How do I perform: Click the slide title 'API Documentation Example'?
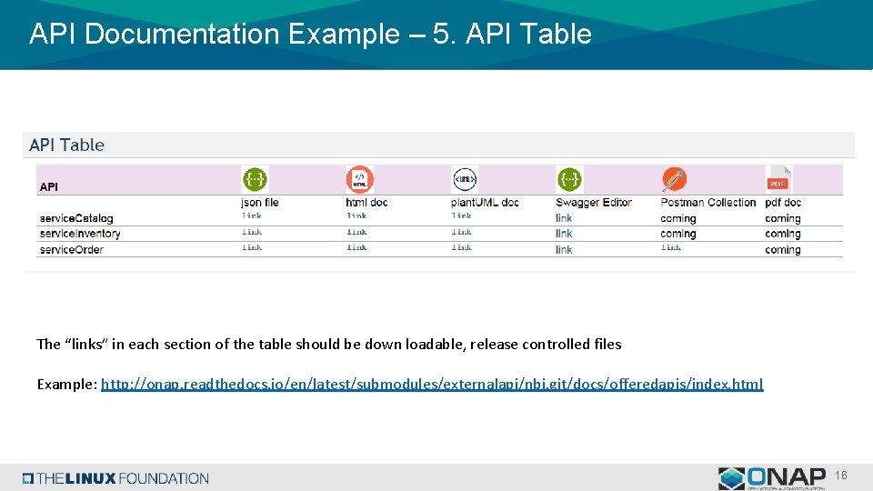310,35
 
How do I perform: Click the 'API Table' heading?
67,145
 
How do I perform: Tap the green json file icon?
255,178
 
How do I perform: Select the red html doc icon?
359,178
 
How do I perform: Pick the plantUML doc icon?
464,178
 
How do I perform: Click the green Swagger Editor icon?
569,178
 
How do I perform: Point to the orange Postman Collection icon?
674,178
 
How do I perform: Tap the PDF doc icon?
778,178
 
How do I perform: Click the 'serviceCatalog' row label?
76,218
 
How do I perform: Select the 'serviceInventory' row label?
80,234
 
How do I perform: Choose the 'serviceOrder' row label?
72,249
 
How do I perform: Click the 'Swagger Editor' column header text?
593,202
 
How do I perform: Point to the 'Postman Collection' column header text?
708,202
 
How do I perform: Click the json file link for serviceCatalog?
251,216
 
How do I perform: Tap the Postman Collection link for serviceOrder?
670,247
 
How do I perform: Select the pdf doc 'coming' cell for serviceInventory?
782,234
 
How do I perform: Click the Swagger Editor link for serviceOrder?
564,249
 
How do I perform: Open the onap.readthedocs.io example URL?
432,384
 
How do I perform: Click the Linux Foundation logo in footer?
116,478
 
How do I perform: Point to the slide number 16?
841,476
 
